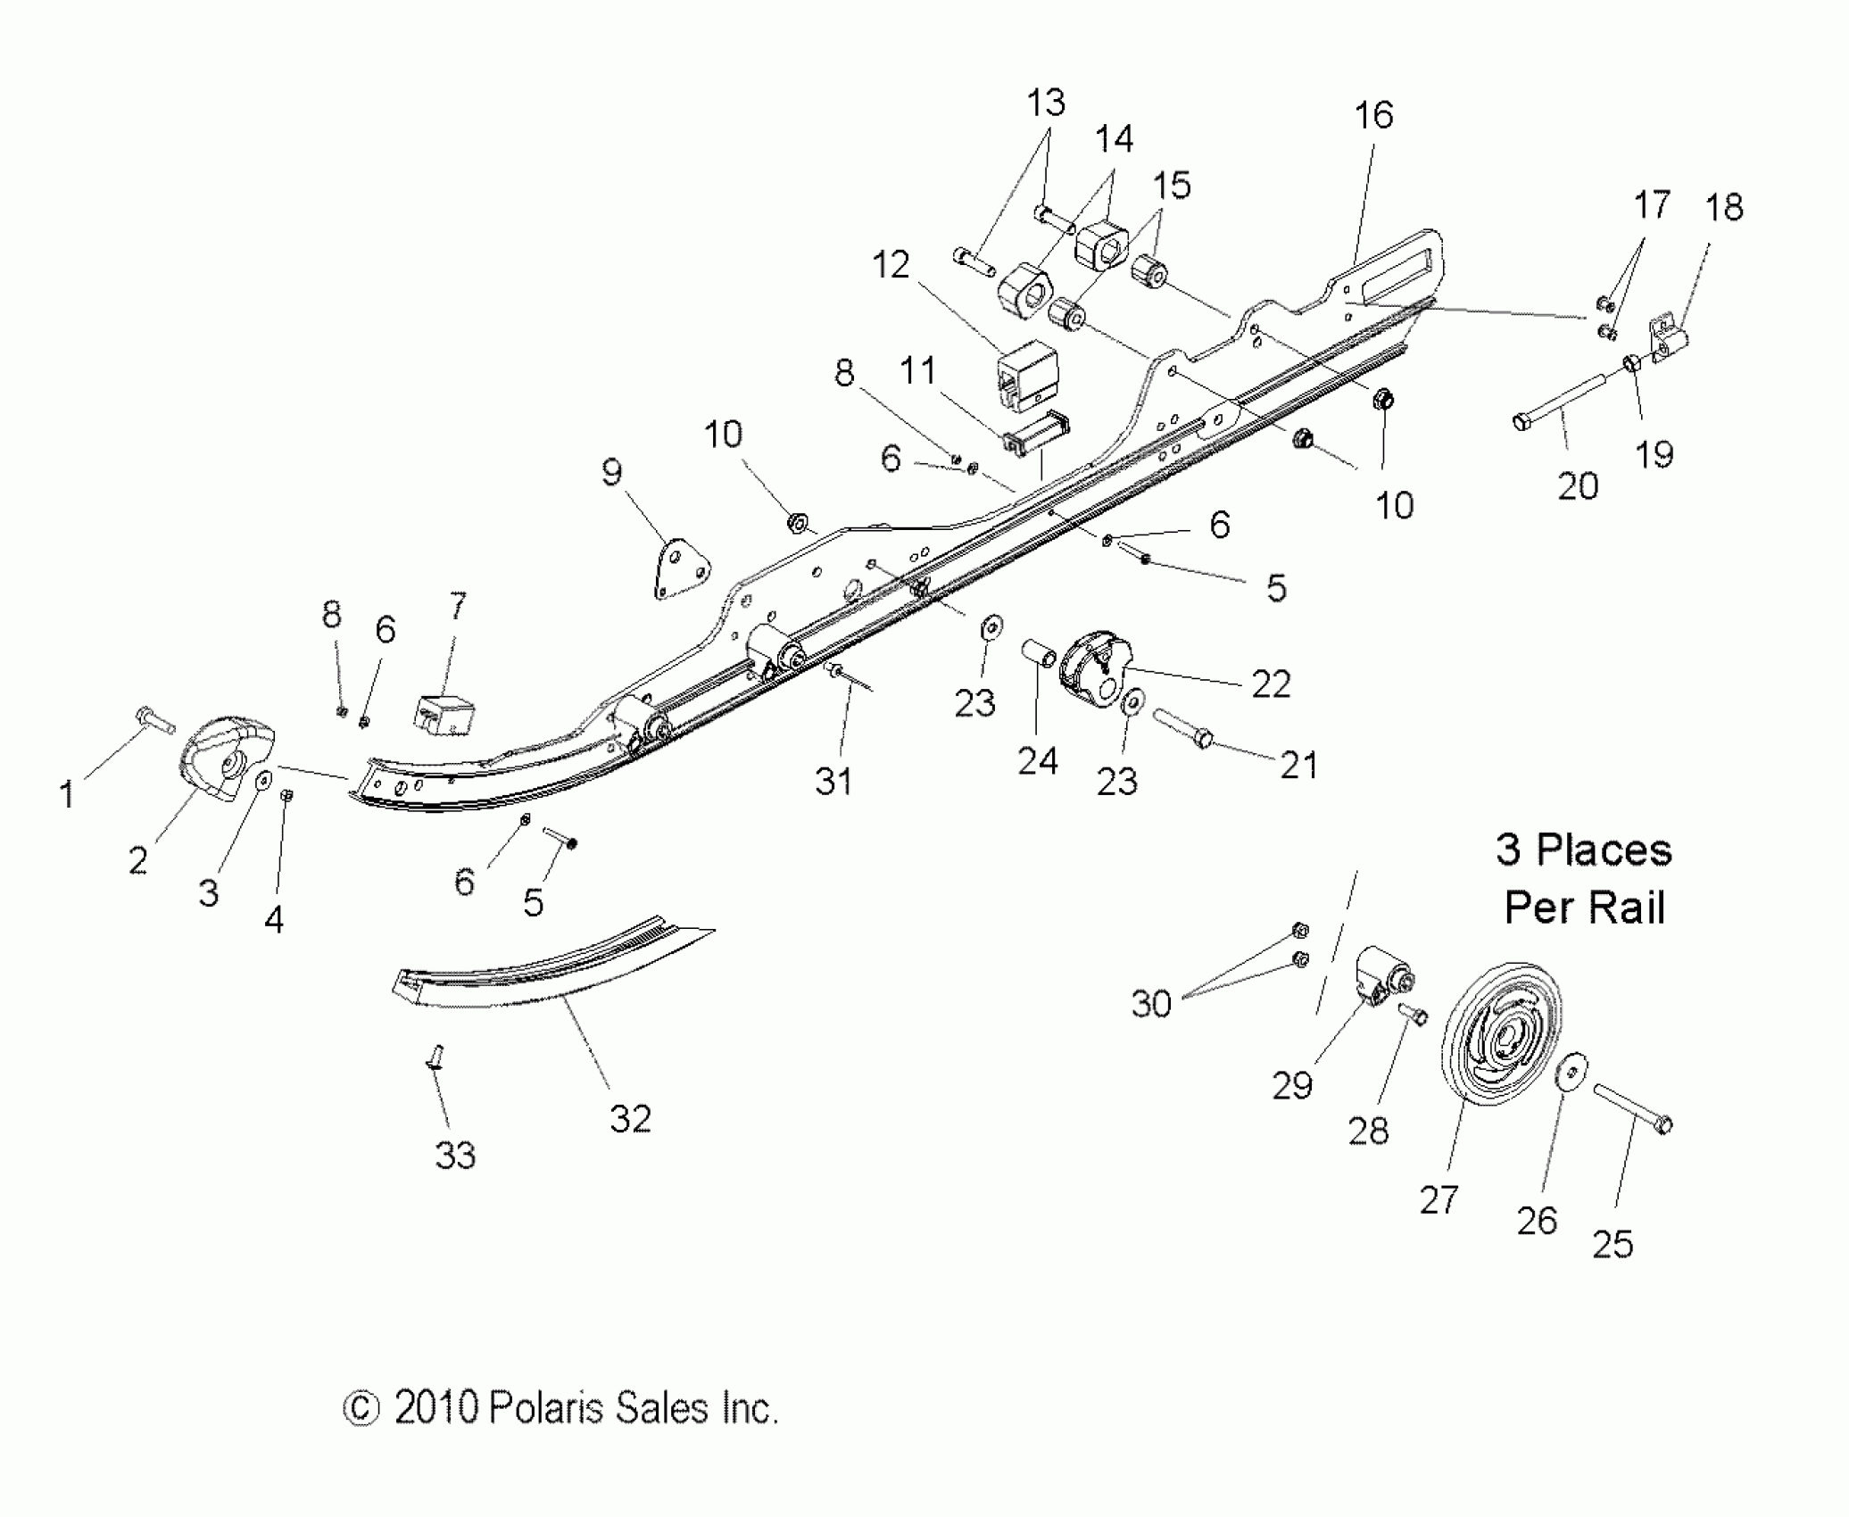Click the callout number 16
[x=1373, y=115]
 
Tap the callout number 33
[x=455, y=1156]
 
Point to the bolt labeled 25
[x=1632, y=1109]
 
